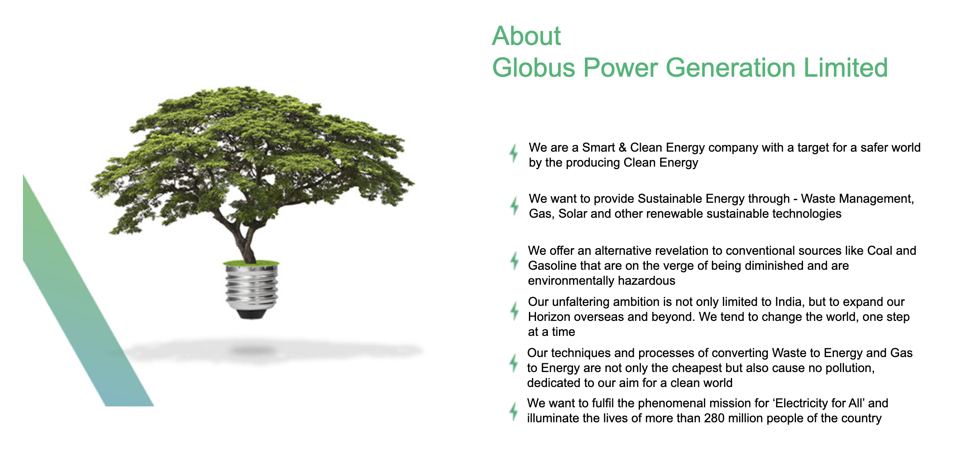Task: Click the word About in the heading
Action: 526,36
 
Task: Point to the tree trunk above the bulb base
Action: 247,247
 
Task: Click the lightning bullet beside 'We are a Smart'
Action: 514,153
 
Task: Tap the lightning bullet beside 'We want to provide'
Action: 514,206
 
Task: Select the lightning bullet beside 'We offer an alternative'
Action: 514,261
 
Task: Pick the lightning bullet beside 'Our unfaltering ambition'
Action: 514,311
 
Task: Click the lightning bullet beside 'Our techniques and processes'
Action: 514,363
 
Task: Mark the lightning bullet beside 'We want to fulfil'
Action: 514,412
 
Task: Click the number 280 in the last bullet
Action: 714,418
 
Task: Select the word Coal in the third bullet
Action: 880,251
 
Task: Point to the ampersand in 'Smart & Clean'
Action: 622,148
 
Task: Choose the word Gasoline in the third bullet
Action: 552,266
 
